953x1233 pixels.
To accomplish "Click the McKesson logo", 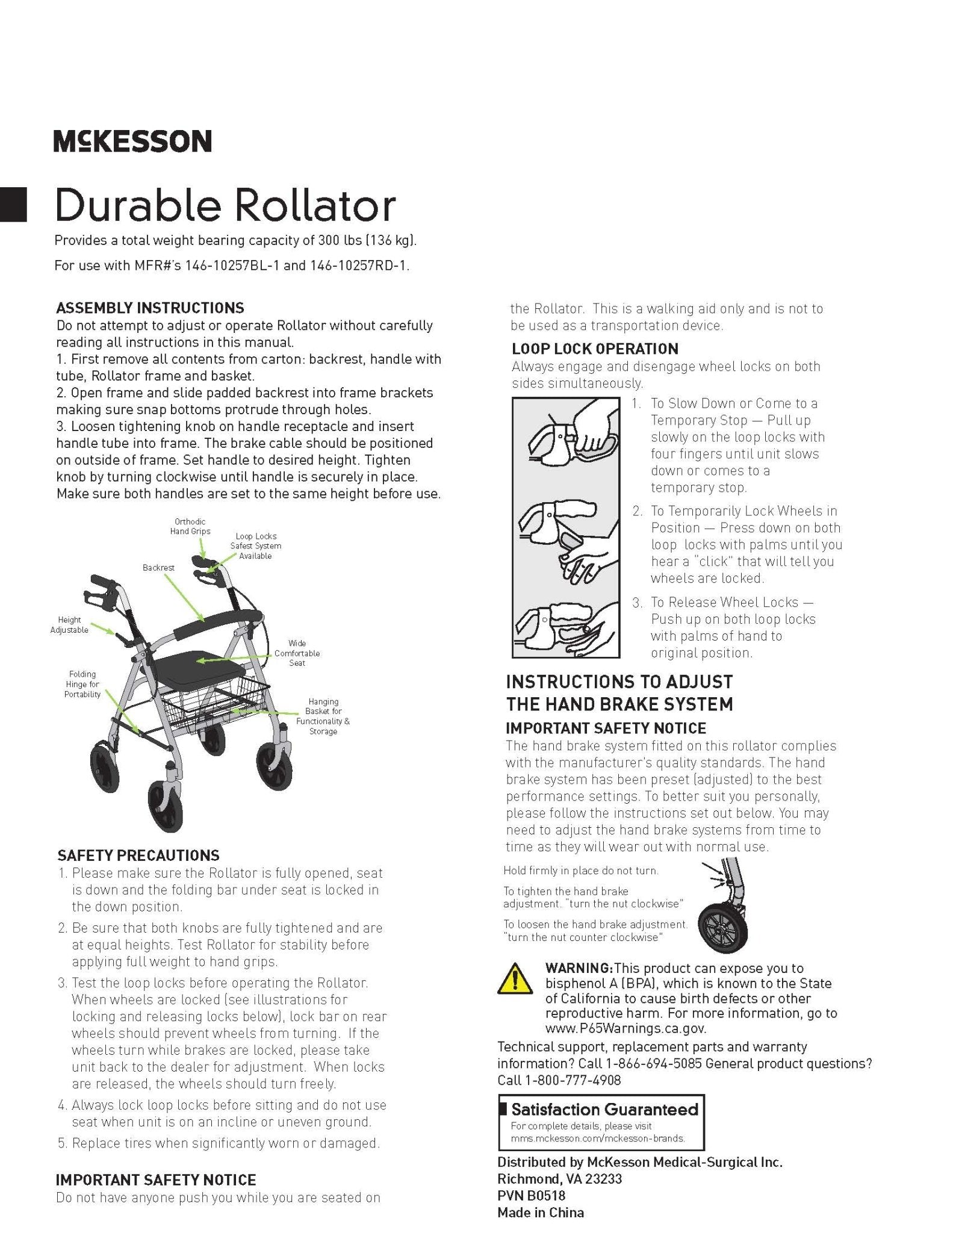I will click(x=132, y=141).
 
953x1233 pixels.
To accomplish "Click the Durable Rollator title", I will click(x=225, y=205).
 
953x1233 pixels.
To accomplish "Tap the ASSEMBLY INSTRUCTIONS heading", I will click(x=150, y=308).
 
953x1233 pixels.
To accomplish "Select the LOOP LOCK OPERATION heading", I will click(x=595, y=349).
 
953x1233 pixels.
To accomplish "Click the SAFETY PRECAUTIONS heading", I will click(x=138, y=856).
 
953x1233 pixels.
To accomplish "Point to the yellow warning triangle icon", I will click(x=514, y=978).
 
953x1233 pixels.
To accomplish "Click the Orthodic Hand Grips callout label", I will click(x=190, y=527).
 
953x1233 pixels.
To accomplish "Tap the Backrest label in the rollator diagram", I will click(x=158, y=568).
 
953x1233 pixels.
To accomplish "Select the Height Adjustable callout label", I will click(x=69, y=625).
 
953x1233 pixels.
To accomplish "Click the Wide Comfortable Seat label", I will click(x=297, y=653).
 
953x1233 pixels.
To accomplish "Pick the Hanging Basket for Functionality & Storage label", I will click(x=323, y=716).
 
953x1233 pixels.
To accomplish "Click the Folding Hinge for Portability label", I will click(x=82, y=685).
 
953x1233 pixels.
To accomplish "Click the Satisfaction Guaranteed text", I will click(x=604, y=1110).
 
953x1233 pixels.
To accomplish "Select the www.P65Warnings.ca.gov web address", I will click(x=626, y=1029).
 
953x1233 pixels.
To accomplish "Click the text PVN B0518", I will click(x=531, y=1196).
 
